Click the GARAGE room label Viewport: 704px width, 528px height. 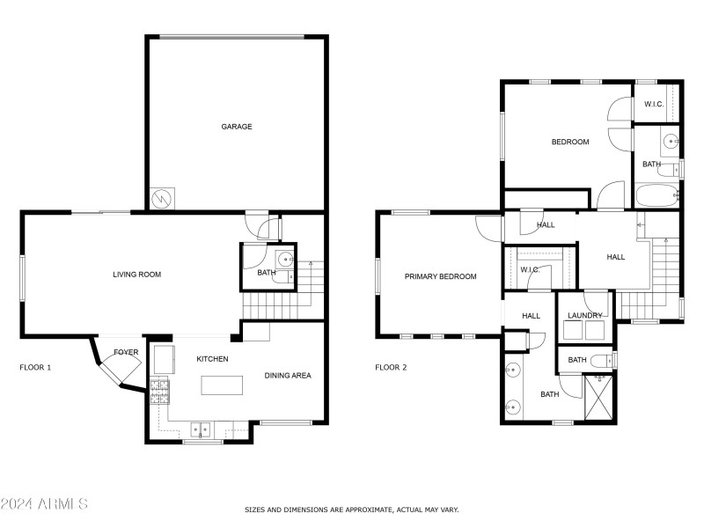tap(236, 127)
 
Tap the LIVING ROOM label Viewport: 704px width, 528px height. tap(136, 275)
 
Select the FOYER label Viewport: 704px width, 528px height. tap(126, 352)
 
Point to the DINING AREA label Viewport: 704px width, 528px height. tap(288, 376)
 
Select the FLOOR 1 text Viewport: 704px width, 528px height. tap(35, 367)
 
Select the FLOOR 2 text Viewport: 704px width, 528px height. tap(391, 367)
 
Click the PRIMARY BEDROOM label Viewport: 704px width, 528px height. tap(440, 276)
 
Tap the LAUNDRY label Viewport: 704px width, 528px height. tap(584, 315)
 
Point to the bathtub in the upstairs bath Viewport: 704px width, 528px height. tap(655, 196)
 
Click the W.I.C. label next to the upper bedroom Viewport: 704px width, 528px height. tap(653, 105)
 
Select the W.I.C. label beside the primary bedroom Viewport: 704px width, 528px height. tap(530, 270)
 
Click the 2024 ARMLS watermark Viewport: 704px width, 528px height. tap(44, 504)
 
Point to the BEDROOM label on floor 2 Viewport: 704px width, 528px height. tap(569, 143)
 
